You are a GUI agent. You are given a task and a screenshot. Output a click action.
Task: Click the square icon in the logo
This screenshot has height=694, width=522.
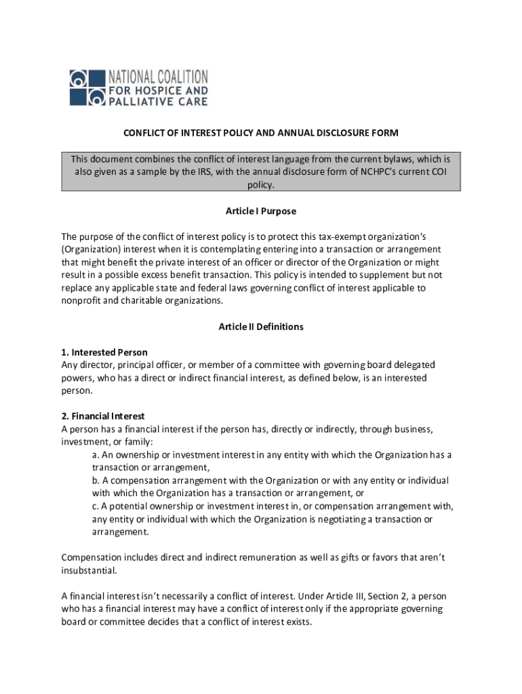[88, 87]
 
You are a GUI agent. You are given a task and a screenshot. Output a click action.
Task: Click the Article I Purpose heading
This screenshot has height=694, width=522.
[261, 211]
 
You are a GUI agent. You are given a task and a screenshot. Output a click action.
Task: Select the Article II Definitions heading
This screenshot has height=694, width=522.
[261, 327]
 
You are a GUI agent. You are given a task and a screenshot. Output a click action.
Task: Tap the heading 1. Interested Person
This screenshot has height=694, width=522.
[104, 352]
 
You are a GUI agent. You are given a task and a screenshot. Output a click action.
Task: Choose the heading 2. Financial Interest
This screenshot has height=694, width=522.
[103, 416]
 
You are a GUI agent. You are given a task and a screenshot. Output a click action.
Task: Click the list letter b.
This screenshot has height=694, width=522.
[95, 481]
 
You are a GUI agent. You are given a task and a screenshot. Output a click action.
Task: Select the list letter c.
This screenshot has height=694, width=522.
[95, 506]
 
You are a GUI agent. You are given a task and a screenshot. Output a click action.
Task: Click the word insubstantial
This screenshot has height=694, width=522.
[88, 570]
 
